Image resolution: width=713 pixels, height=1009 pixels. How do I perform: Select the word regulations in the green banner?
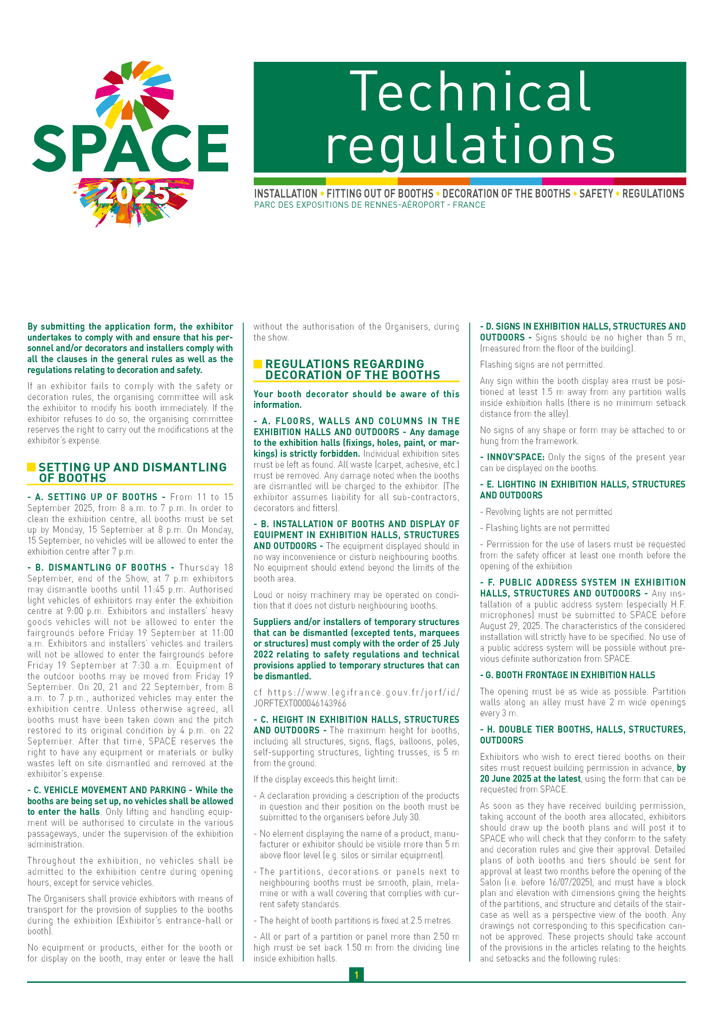pyautogui.click(x=470, y=145)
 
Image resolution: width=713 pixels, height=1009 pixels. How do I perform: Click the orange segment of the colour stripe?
pyautogui.click(x=433, y=181)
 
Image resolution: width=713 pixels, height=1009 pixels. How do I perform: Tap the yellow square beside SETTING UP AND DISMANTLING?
pyautogui.click(x=31, y=467)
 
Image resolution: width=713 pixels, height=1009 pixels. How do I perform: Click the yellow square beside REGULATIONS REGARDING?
pyautogui.click(x=258, y=364)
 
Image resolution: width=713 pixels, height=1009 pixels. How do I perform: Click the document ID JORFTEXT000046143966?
pyautogui.click(x=299, y=703)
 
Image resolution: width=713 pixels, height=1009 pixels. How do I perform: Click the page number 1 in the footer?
pyautogui.click(x=356, y=975)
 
